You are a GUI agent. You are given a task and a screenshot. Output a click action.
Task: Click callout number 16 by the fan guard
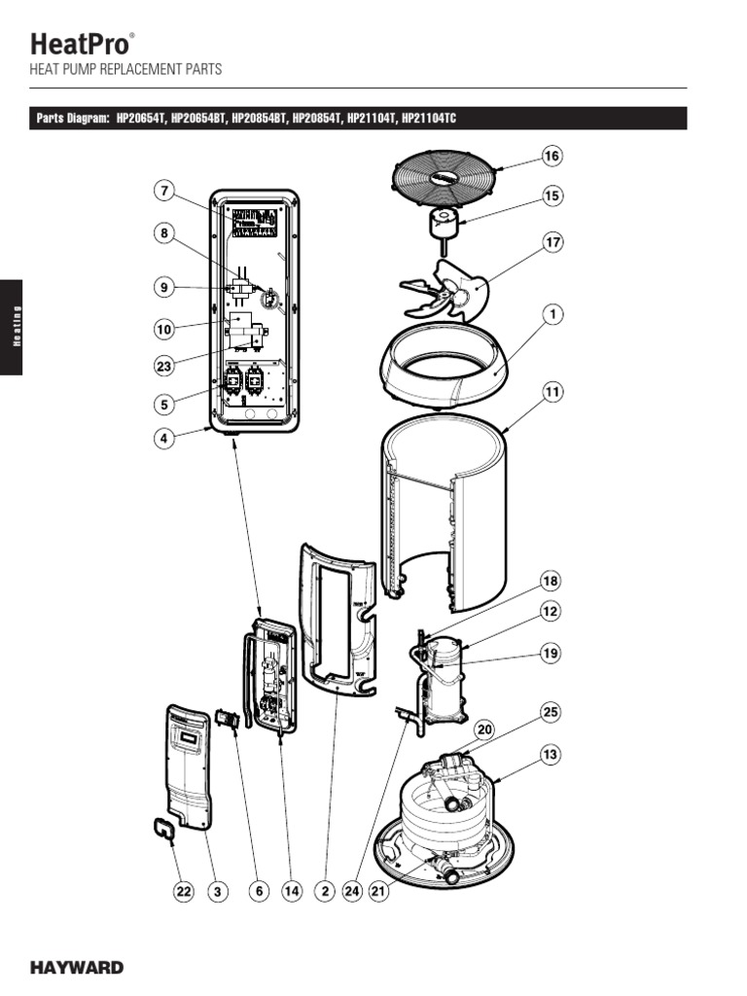click(552, 156)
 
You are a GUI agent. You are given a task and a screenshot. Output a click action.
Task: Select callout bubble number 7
click(164, 191)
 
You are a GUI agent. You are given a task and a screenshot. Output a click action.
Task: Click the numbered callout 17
click(552, 242)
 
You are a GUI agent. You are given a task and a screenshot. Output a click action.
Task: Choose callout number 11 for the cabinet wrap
click(552, 393)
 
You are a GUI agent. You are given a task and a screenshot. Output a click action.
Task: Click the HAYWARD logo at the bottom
click(76, 968)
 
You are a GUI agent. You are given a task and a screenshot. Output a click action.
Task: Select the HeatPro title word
click(78, 44)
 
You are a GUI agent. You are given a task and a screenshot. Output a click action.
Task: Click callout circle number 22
click(184, 891)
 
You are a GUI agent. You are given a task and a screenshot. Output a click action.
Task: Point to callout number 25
click(551, 713)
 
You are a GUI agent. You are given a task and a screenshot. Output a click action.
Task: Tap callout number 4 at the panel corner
click(164, 438)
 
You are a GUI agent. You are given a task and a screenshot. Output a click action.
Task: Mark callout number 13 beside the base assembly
click(551, 754)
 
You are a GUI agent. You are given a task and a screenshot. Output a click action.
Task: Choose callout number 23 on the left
click(164, 366)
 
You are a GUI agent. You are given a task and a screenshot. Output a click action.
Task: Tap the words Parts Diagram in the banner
click(72, 119)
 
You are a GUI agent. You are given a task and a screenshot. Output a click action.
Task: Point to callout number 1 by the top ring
click(552, 314)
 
